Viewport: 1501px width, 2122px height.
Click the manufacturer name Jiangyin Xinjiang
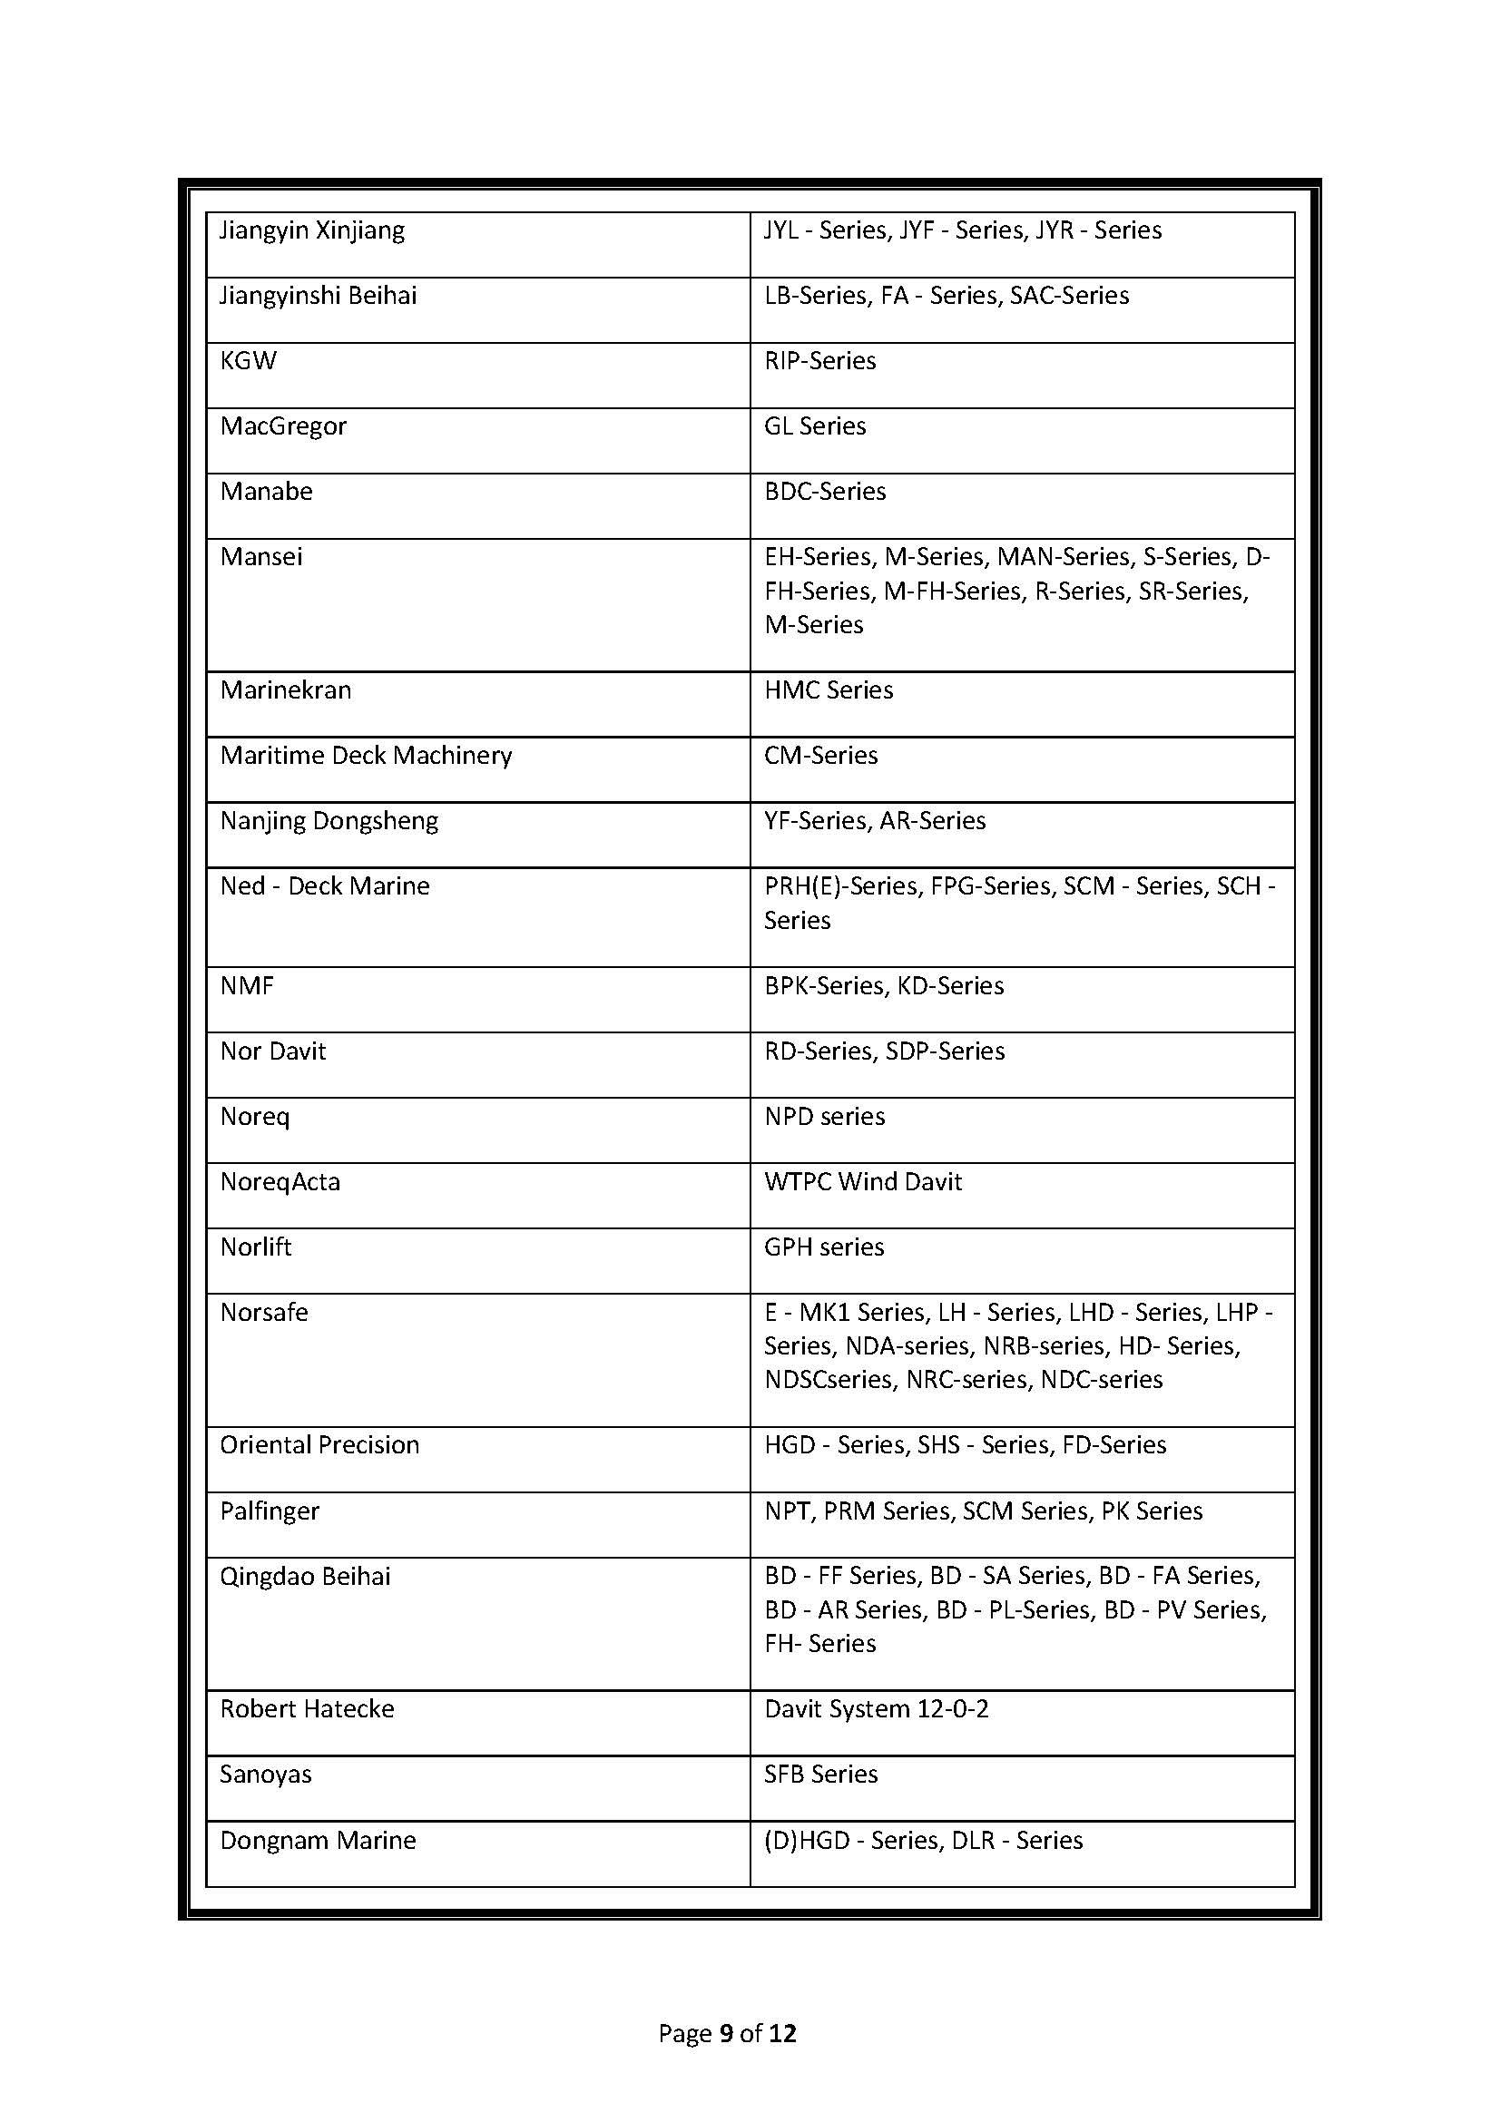tap(311, 230)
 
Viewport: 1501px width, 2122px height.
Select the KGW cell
tap(248, 360)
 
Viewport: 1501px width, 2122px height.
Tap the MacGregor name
tap(283, 426)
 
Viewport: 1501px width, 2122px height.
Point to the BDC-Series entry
tap(824, 491)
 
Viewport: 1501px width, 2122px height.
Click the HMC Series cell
tap(829, 690)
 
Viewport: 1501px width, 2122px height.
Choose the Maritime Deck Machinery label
tap(365, 756)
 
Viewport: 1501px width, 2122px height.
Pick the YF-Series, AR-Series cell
tap(874, 821)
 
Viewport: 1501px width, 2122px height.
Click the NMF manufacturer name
tap(247, 986)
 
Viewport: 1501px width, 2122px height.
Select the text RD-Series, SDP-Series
tap(884, 1051)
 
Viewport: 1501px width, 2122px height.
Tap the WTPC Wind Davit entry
tap(862, 1182)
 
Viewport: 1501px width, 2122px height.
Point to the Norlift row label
tap(255, 1247)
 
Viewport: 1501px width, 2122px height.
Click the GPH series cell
tap(823, 1247)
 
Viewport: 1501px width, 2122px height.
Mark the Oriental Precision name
tap(319, 1445)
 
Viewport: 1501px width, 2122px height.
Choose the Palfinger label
tap(269, 1511)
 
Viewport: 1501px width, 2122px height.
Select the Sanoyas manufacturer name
tap(265, 1775)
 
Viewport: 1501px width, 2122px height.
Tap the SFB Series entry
tap(819, 1775)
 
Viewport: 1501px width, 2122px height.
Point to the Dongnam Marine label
tap(317, 1840)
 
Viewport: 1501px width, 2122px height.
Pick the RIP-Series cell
tap(819, 360)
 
